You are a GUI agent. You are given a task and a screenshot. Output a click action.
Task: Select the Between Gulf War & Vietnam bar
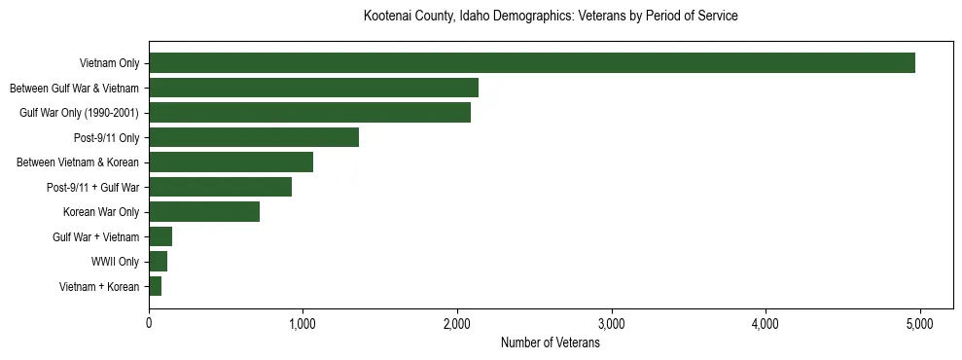pyautogui.click(x=313, y=88)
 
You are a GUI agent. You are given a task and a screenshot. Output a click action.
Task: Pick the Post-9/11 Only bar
pyautogui.click(x=254, y=137)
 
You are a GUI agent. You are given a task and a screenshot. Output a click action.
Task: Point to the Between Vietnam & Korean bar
pyautogui.click(x=231, y=162)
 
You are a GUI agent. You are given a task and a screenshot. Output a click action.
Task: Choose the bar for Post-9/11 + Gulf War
pyautogui.click(x=220, y=187)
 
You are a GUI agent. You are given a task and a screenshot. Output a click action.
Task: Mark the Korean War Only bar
pyautogui.click(x=204, y=212)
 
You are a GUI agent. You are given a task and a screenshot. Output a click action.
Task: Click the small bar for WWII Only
pyautogui.click(x=159, y=262)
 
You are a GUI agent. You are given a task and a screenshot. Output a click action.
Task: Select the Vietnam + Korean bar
pyautogui.click(x=156, y=286)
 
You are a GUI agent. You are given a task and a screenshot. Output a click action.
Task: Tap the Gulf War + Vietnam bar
pyautogui.click(x=160, y=236)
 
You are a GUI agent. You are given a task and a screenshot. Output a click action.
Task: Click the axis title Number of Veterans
pyautogui.click(x=550, y=343)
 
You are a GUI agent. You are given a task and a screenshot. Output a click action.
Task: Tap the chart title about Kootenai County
pyautogui.click(x=550, y=17)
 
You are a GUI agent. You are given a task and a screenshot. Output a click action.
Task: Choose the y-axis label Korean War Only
pyautogui.click(x=101, y=212)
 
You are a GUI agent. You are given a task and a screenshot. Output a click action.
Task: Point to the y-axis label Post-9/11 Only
pyautogui.click(x=107, y=137)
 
